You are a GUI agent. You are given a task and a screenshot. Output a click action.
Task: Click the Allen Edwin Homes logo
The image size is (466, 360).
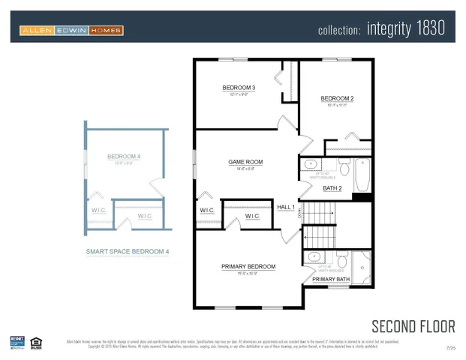coord(71,30)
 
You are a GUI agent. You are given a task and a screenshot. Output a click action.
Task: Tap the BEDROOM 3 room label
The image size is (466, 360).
coord(239,88)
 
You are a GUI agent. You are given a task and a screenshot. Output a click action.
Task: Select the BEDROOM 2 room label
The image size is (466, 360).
coord(337,99)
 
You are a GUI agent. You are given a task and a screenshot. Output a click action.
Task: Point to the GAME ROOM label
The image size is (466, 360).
coord(245,162)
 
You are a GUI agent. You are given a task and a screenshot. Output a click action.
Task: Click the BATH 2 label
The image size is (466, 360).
coord(332,188)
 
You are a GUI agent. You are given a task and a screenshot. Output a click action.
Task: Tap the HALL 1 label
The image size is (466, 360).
coord(286,207)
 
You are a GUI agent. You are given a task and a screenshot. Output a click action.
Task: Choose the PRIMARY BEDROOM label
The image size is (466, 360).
coord(248,267)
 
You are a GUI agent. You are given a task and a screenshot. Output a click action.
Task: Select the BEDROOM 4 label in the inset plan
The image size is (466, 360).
coord(124,157)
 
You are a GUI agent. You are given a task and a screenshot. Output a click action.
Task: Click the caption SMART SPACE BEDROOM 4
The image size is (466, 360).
coord(127,252)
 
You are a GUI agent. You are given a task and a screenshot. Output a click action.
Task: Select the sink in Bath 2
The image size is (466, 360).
coord(311,164)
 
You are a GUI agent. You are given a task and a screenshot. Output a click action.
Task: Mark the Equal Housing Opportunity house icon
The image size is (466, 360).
coord(35,343)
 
